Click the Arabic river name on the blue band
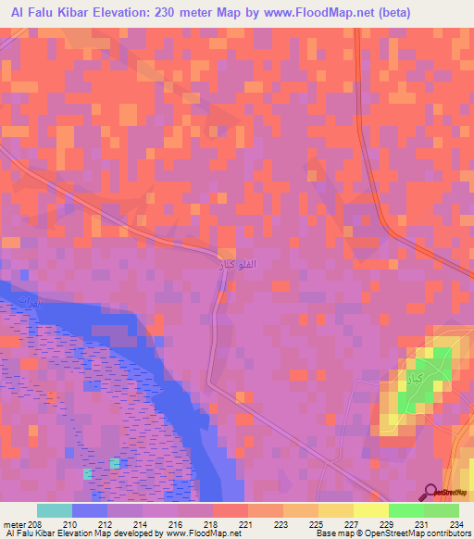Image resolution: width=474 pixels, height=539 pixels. pos(33,305)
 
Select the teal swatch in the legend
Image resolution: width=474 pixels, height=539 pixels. pos(54,510)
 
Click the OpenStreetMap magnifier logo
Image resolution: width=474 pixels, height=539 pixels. pos(430,494)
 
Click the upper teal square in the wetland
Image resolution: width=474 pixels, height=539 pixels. pos(115,463)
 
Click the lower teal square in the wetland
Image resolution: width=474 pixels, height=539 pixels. pos(87,473)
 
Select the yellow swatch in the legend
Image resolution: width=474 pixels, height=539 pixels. pos(369,510)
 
